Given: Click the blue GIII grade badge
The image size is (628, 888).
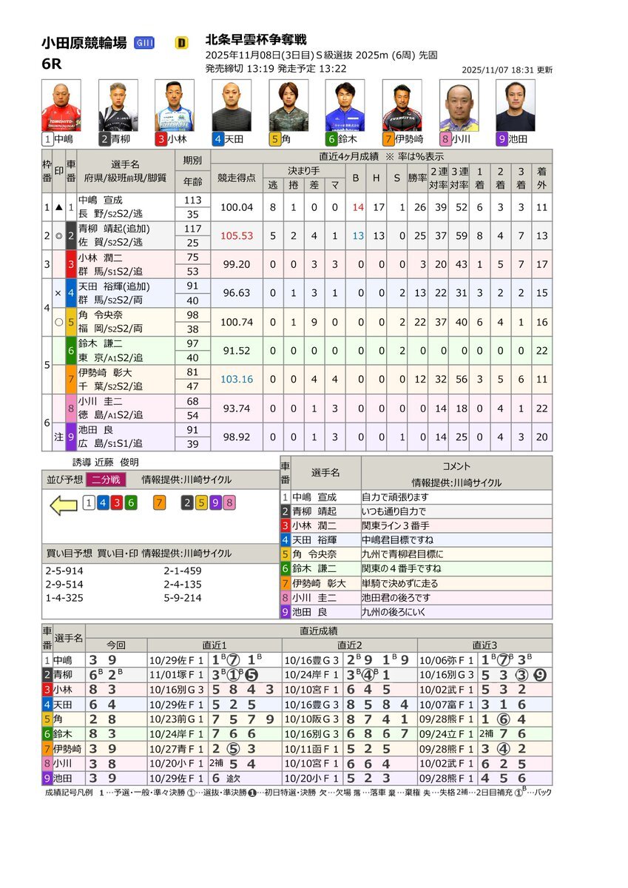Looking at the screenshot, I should tap(144, 43).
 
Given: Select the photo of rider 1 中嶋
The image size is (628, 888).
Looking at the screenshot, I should tap(61, 106).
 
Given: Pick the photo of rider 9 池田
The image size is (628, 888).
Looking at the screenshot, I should tap(515, 106).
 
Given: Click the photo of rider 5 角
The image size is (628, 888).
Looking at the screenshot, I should tap(288, 106).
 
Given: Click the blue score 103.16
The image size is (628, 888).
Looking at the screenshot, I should tap(237, 379).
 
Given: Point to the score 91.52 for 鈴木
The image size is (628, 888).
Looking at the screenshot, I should tap(237, 351).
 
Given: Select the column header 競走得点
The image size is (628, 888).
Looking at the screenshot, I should tap(237, 178).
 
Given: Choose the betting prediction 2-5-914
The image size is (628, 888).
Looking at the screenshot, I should tap(64, 571).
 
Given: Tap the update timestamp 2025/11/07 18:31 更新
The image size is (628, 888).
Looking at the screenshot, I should tap(506, 70).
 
